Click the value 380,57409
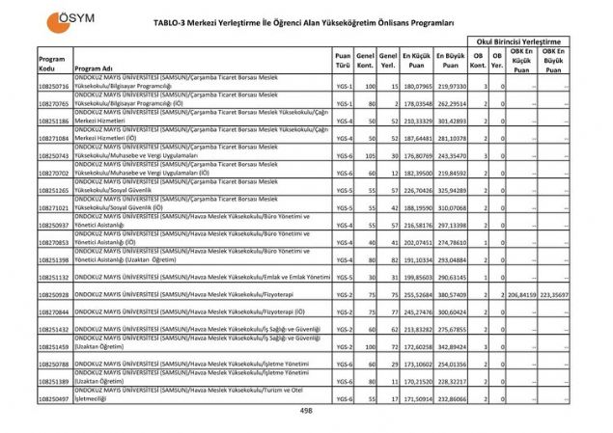click(x=451, y=293)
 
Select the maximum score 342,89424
click(x=451, y=344)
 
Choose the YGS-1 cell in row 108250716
click(x=343, y=86)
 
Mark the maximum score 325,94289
click(x=451, y=190)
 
